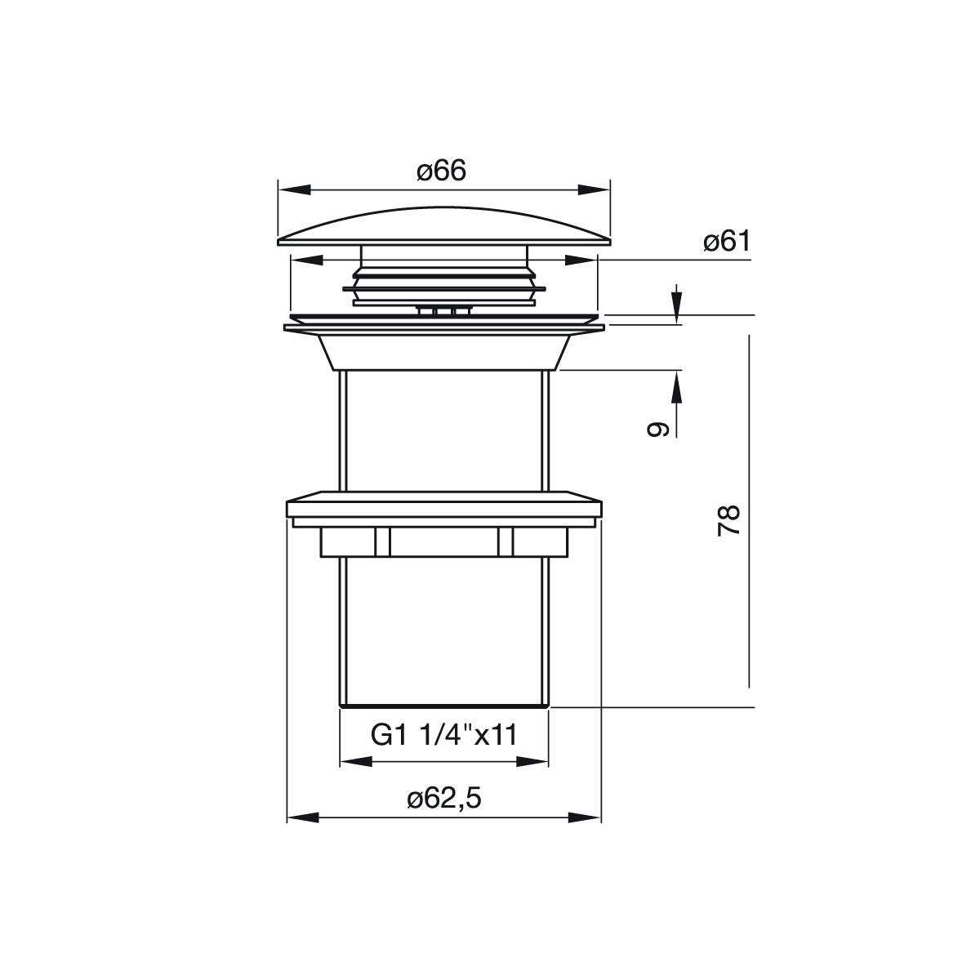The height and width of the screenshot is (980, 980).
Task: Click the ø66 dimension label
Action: (x=441, y=171)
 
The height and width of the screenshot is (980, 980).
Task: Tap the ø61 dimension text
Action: (x=727, y=241)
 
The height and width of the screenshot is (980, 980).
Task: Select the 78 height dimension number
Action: (x=728, y=519)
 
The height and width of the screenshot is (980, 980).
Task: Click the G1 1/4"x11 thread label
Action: (x=444, y=735)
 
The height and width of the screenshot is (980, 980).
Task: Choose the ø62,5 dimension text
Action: (x=444, y=799)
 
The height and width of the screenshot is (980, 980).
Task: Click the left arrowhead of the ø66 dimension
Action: (x=295, y=189)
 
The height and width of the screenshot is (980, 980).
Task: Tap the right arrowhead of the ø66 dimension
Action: (x=594, y=189)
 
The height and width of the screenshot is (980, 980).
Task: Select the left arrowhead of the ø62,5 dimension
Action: (x=303, y=817)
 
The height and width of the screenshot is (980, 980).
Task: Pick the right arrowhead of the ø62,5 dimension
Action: (x=585, y=817)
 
